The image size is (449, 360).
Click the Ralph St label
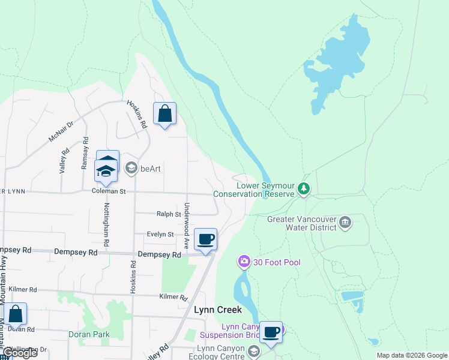(169, 214)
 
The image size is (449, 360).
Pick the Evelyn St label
(161, 235)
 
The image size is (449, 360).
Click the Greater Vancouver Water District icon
(345, 223)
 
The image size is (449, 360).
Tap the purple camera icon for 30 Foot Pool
(244, 261)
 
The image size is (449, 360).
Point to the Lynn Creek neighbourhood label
(218, 310)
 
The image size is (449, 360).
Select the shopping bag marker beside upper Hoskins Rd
(164, 114)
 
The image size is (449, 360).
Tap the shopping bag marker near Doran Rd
(15, 314)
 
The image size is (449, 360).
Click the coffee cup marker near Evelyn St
(205, 239)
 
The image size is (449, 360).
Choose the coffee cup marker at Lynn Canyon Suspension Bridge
(271, 332)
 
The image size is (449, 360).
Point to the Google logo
(20, 353)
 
